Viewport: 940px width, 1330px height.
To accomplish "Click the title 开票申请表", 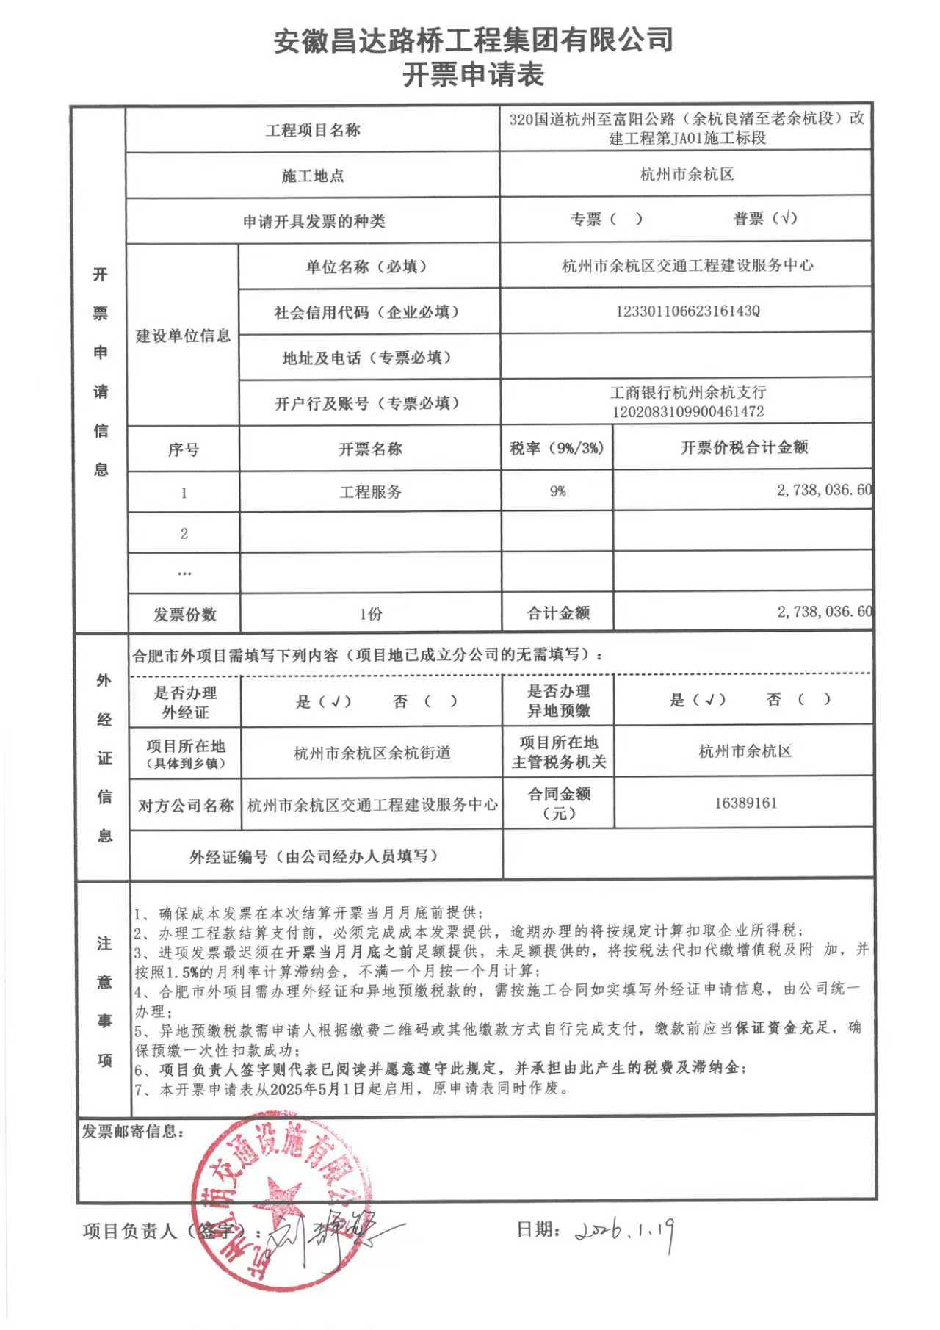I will click(473, 75).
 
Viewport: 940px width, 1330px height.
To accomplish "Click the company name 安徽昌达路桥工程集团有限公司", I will click(473, 40).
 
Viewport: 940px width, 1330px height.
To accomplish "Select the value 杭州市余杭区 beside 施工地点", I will click(687, 174).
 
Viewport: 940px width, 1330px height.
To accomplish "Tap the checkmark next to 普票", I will click(788, 217).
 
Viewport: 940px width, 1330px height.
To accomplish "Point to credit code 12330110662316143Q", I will click(687, 311).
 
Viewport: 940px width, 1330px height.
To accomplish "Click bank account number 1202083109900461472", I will click(687, 411).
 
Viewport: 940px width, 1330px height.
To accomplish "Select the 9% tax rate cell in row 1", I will click(557, 491).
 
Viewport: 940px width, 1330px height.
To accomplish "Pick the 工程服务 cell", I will click(370, 492).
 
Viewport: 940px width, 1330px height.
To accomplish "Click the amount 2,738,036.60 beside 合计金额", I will click(824, 611).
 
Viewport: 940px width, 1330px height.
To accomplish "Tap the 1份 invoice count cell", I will click(370, 614).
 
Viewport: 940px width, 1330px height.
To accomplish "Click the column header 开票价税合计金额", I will click(743, 447).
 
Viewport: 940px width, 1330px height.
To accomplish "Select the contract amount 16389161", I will click(745, 803).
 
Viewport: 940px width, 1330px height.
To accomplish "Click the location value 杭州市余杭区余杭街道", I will click(372, 753).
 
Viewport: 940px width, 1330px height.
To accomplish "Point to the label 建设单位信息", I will click(183, 336).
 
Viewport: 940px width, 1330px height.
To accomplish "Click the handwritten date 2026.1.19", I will click(625, 1229).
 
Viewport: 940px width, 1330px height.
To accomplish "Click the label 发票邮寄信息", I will click(131, 1132).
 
